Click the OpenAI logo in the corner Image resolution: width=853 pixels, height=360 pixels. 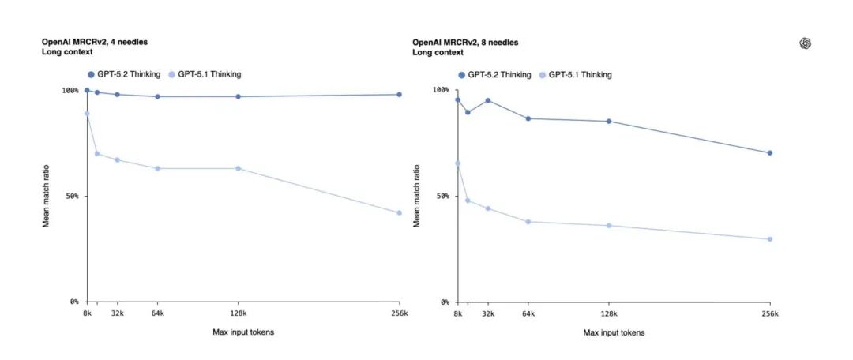806,44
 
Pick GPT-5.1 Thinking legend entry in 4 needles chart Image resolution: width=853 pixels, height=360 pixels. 205,74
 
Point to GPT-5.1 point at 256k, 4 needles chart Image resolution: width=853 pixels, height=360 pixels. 399,213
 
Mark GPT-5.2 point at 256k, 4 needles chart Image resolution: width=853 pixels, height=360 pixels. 399,95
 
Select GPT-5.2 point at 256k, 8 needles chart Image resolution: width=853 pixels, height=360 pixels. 769,153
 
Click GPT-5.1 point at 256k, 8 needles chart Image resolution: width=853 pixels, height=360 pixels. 769,239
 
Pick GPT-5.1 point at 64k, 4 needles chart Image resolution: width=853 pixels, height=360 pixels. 157,168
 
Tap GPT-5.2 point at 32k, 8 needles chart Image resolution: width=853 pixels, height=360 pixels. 488,100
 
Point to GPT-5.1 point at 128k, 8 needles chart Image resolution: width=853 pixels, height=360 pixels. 608,226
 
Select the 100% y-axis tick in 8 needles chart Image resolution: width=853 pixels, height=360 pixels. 440,90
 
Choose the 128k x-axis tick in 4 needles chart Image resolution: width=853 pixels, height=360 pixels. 238,313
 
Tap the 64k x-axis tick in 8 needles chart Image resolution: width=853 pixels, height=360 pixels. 528,313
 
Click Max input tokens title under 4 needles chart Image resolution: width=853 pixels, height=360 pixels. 243,332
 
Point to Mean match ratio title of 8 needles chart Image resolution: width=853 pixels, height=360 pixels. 417,196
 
